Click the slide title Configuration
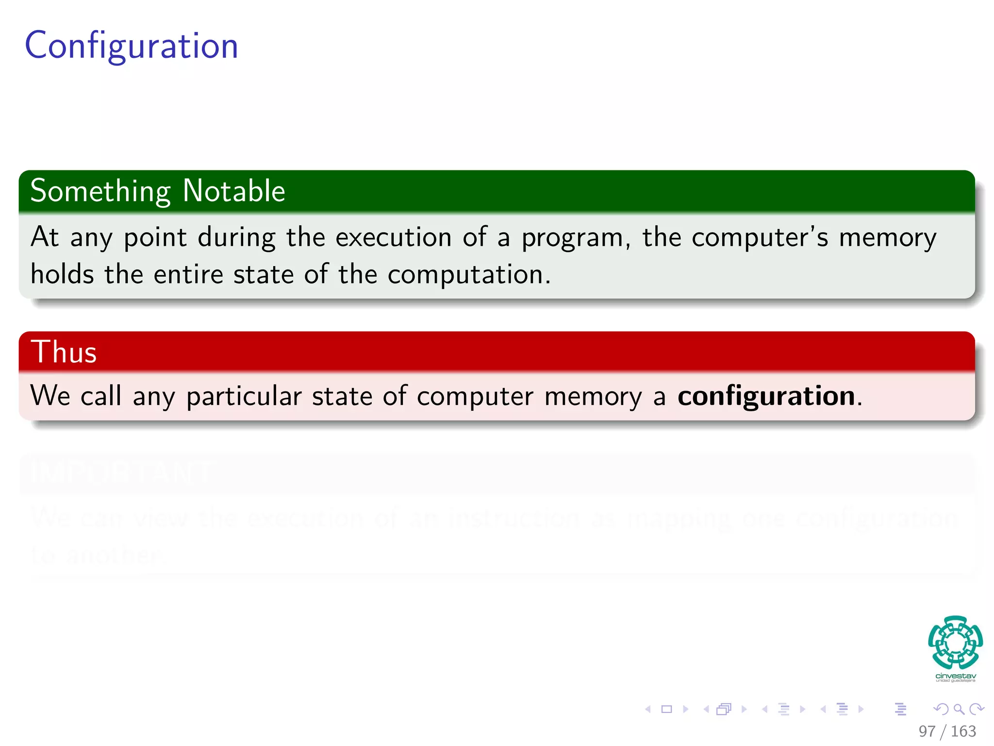click(x=132, y=46)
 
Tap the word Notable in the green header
click(x=234, y=191)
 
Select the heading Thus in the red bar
click(x=64, y=352)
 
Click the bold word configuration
click(x=766, y=396)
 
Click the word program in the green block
click(x=573, y=238)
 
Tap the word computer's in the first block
click(x=760, y=237)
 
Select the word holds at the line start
click(x=62, y=274)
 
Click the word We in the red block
click(x=50, y=395)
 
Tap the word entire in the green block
click(x=188, y=274)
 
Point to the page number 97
click(x=927, y=731)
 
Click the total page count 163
click(x=963, y=731)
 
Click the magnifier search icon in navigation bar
click(x=959, y=710)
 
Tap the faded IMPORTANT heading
click(x=121, y=472)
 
